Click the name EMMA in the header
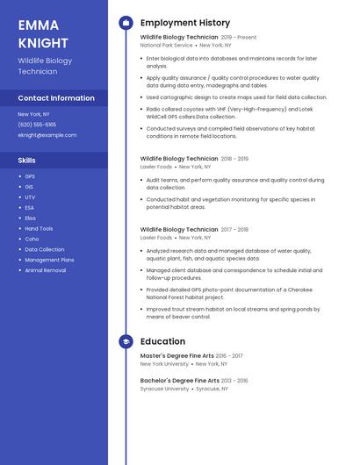coord(39,25)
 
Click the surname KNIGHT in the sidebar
coord(43,42)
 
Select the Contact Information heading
coord(56,98)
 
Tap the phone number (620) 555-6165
coord(37,125)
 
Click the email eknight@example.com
coord(47,135)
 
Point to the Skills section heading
coord(27,161)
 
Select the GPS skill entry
coord(30,176)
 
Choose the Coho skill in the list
coord(32,239)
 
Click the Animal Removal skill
coord(45,270)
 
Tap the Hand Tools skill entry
coord(39,228)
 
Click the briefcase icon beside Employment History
coord(126,22)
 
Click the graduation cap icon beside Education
coord(126,340)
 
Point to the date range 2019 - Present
coord(239,38)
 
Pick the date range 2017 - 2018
coord(234,229)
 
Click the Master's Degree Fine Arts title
coord(178,355)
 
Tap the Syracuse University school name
coord(164,388)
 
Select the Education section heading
coord(162,340)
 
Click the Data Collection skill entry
coord(44,249)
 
